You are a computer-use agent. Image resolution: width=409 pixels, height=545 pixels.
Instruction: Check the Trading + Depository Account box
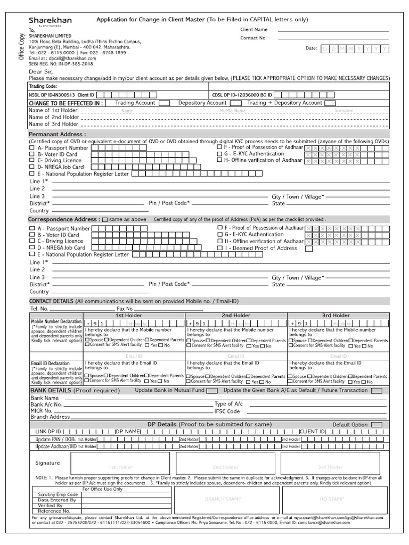coord(330,103)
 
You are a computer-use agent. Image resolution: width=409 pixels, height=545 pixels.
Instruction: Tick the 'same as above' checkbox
coord(104,220)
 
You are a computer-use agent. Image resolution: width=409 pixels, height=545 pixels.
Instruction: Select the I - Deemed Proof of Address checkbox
coord(220,248)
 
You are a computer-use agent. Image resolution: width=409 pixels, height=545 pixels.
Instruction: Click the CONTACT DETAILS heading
coord(51,302)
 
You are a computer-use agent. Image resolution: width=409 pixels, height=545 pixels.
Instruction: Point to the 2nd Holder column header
coord(236,316)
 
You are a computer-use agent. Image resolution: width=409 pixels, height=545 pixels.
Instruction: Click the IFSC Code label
coord(227,411)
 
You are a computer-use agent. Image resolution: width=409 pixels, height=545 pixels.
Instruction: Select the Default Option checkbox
coord(376,425)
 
